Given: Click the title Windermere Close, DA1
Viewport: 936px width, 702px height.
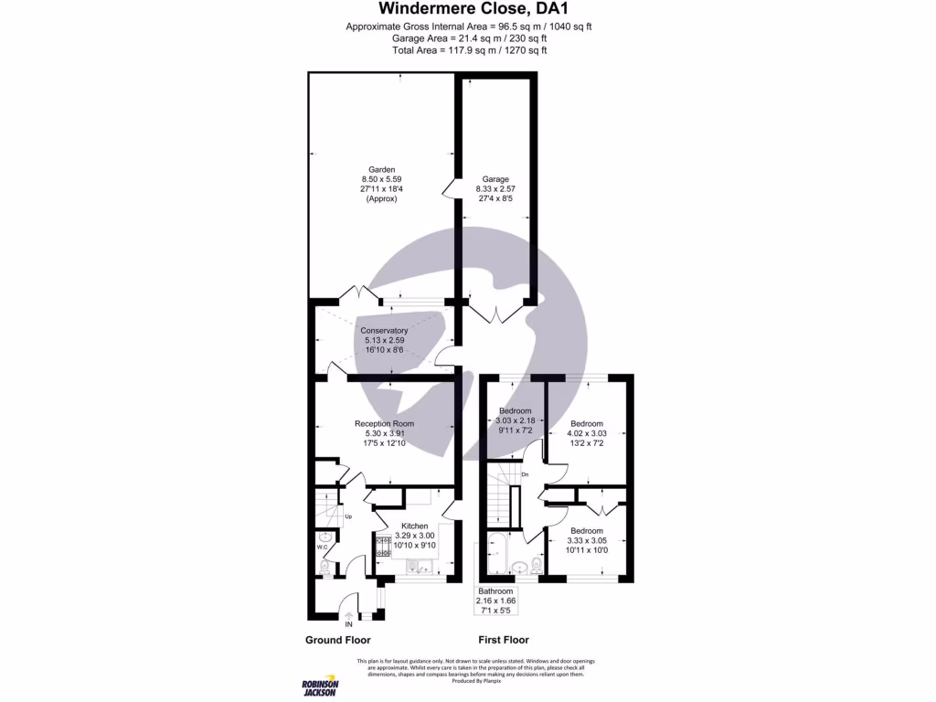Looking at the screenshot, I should pos(468,8).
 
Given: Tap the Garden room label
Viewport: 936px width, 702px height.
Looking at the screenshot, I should pos(381,170).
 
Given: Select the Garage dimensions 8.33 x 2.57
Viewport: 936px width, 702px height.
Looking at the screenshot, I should pos(495,189).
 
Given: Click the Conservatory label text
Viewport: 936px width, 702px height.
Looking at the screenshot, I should pos(384,330).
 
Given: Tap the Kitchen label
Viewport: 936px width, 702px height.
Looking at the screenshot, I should pos(415,526).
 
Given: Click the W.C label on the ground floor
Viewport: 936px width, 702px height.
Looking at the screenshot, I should pos(322,548).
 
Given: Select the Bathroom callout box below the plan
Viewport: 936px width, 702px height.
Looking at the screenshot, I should pos(496,601).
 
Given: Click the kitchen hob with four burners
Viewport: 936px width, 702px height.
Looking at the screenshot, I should pos(381,547).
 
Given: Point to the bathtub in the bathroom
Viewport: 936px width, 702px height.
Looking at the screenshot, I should pos(499,555).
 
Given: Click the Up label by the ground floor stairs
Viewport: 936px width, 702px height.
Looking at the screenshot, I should pos(348,517).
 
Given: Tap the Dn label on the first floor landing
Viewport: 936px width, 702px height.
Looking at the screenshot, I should pos(525,475).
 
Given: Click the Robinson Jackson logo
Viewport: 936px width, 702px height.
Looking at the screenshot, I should pos(320,687).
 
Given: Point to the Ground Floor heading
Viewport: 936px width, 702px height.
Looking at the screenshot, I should pos(337,640).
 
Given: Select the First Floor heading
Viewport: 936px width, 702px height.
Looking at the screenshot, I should pos(504,640).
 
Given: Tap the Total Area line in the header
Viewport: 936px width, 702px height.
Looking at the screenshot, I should pos(468,50).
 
